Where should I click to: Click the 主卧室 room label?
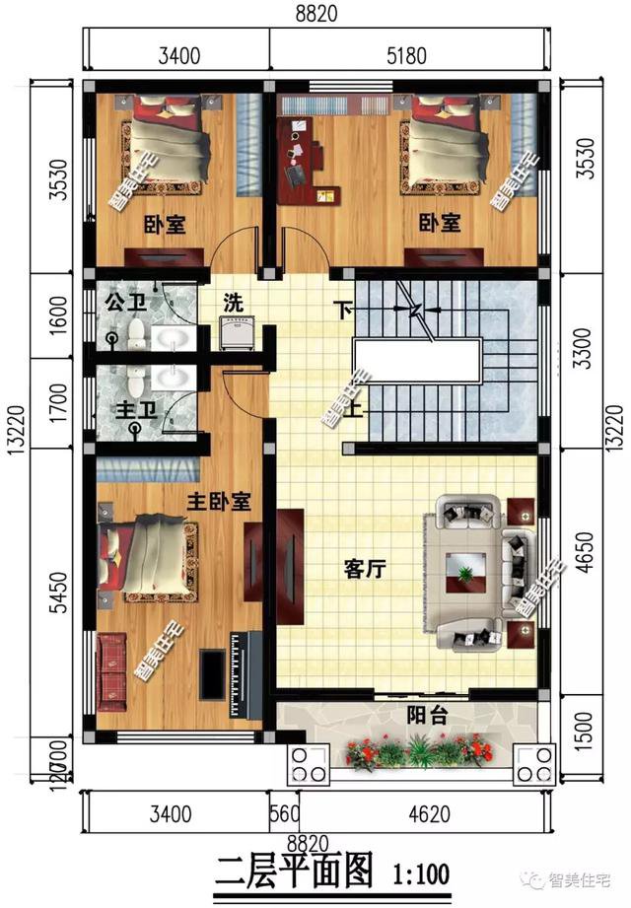click(x=219, y=501)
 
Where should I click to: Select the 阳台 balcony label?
click(x=426, y=717)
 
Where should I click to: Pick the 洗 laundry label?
click(x=234, y=300)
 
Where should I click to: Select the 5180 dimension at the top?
click(x=406, y=56)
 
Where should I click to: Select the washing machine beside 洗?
click(x=239, y=334)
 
